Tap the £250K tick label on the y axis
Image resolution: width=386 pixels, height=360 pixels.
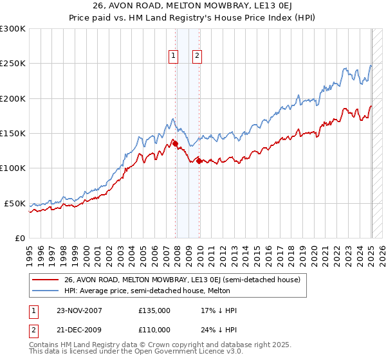tap(13, 64)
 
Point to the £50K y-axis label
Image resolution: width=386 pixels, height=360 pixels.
tap(15, 203)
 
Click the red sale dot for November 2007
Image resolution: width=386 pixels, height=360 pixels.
tap(176, 144)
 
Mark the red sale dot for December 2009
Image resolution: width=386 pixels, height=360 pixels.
tap(199, 161)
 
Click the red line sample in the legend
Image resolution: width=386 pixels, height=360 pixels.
tap(46, 279)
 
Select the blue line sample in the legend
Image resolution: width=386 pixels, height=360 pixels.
tap(46, 290)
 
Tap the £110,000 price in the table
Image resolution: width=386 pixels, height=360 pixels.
tap(154, 329)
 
